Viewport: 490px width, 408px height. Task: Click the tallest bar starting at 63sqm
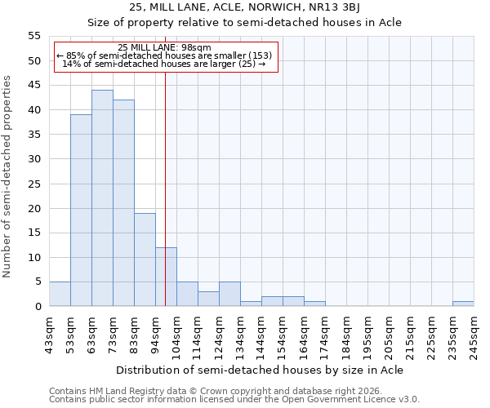coord(102,198)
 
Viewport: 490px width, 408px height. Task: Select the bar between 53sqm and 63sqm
coord(81,211)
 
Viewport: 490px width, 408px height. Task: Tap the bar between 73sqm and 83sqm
coord(123,203)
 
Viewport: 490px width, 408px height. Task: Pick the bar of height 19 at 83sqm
coord(145,259)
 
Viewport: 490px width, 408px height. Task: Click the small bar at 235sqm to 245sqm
coord(463,304)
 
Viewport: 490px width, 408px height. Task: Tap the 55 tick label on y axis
coord(33,36)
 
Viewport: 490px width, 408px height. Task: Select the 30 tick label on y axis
coord(33,159)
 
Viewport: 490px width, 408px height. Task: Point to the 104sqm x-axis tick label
coord(176,335)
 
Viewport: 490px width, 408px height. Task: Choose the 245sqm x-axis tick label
coord(474,335)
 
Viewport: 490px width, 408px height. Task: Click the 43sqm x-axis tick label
coord(49,335)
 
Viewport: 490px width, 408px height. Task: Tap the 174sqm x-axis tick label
coord(325,335)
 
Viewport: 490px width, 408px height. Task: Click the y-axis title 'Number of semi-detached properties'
coord(7,176)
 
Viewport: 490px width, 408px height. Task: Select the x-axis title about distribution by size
coord(260,370)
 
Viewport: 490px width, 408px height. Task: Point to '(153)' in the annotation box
coord(260,55)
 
